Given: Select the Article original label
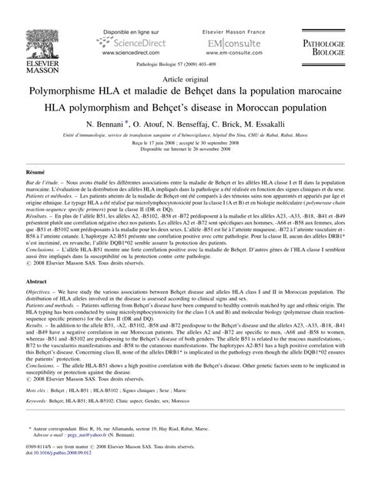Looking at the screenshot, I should pyautogui.click(x=182, y=80).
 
